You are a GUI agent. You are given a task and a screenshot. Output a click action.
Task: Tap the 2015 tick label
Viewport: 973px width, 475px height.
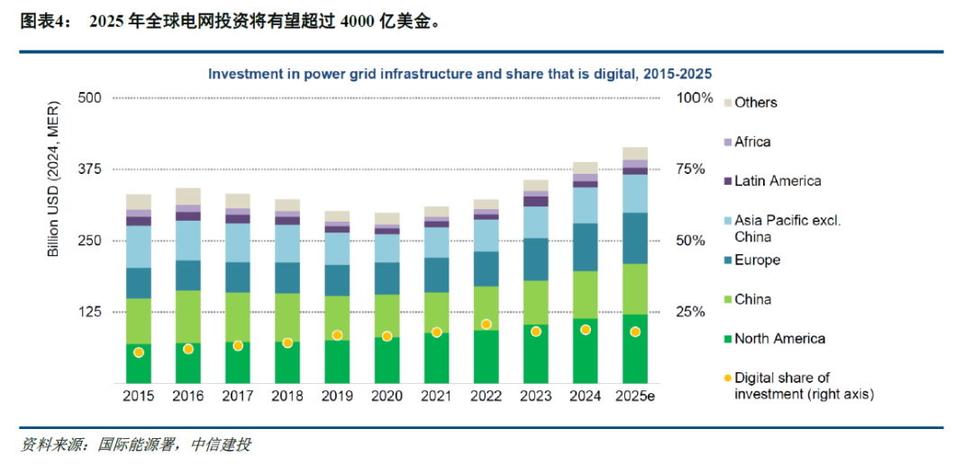tap(138, 397)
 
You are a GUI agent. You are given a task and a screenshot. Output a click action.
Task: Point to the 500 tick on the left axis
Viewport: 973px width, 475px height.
tap(91, 97)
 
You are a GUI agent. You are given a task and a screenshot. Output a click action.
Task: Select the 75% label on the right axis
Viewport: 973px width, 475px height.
tap(694, 169)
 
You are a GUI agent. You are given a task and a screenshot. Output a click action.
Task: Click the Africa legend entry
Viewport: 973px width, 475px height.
tap(752, 142)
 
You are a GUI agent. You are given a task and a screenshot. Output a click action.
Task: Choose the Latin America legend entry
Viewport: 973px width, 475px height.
tap(777, 180)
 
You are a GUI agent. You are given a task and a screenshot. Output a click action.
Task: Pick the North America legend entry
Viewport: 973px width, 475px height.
tap(779, 338)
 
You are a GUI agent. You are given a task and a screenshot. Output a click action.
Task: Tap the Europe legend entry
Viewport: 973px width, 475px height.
tap(757, 260)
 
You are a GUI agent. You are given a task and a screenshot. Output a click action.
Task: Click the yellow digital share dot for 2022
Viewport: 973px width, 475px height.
tap(486, 324)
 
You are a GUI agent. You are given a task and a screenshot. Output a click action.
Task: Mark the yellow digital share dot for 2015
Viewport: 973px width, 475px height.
tap(139, 352)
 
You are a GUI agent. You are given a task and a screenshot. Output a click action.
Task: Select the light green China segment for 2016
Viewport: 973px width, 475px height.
tap(188, 316)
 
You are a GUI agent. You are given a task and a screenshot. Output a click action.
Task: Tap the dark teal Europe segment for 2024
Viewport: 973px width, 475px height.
tap(586, 246)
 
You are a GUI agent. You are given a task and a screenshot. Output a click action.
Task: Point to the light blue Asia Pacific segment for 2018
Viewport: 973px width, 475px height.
tap(287, 242)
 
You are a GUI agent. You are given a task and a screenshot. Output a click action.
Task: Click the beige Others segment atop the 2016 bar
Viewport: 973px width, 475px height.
tap(188, 196)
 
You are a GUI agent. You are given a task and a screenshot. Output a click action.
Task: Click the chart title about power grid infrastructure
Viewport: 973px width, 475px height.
tap(460, 74)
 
